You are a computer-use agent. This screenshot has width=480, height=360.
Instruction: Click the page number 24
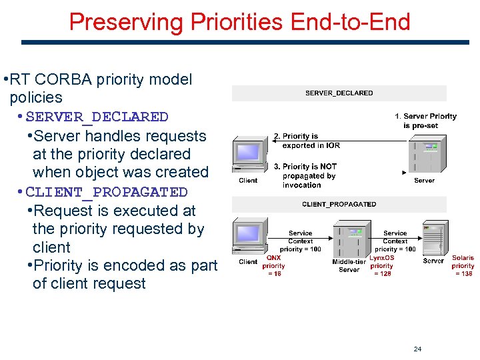coord(417,349)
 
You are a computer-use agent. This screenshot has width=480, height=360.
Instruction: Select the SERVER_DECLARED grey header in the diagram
coord(339,93)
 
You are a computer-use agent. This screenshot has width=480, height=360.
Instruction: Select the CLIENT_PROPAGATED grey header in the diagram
coord(339,204)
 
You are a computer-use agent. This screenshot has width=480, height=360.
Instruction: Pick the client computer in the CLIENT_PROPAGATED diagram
coord(248,238)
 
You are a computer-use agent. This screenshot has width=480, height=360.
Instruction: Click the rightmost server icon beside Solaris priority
coord(434,238)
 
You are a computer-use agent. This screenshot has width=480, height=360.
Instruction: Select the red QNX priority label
coord(273,265)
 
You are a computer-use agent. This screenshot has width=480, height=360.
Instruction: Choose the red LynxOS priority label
coord(382,265)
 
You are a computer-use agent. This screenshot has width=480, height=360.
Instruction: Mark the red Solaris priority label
coord(463,265)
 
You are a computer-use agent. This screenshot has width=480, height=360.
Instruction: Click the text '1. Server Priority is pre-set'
coord(429,121)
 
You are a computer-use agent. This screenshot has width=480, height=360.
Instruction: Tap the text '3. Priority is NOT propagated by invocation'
coord(309,175)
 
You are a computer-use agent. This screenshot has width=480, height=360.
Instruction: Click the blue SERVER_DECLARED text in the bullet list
coord(97,117)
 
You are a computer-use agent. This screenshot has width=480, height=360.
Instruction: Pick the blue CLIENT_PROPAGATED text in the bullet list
coord(107,193)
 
